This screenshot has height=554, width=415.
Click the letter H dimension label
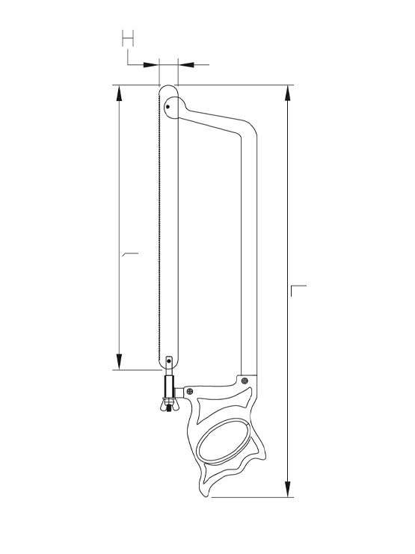pos(128,39)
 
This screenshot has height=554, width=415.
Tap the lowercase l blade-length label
pos(129,254)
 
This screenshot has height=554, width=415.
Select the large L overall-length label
pos(298,290)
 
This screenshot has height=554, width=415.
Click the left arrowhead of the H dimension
pos(151,64)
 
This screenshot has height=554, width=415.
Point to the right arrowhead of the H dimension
pos(186,64)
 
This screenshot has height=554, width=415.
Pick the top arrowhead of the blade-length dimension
pos(119,93)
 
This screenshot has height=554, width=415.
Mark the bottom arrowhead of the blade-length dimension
pos(119,361)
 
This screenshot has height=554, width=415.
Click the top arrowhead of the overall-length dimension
pos(288,93)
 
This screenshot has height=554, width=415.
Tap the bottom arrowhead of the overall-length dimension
pos(288,489)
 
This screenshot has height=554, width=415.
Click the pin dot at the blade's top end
pos(168,107)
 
